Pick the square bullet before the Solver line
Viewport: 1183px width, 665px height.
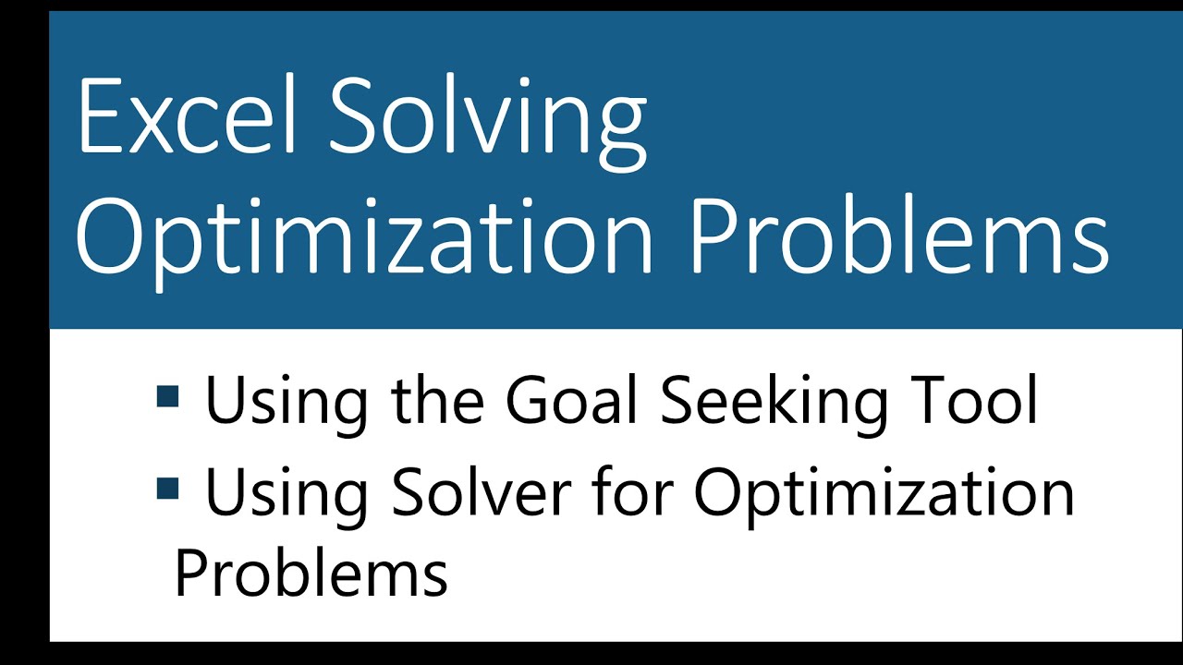pyautogui.click(x=167, y=488)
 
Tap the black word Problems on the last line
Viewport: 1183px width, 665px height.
pyautogui.click(x=311, y=573)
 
